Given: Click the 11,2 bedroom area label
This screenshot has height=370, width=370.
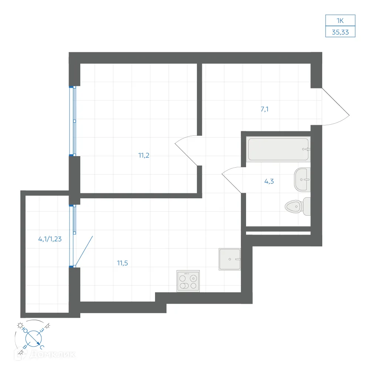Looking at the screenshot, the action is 144,155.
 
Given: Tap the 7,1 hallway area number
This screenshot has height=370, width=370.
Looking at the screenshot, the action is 265,109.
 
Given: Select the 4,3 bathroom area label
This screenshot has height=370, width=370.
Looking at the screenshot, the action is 269,181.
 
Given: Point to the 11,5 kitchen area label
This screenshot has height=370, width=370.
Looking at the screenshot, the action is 122,263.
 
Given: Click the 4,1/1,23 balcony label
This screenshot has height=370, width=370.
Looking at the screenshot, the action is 50,239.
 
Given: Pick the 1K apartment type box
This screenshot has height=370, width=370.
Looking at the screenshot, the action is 340,20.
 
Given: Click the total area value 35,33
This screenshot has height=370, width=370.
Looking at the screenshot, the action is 340,32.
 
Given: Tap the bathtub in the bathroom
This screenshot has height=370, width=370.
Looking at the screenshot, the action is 279,149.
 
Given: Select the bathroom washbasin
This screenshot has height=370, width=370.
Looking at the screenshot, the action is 302,180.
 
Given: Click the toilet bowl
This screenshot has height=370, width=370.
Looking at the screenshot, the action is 298,206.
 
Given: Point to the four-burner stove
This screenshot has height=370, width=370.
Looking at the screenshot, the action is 188,281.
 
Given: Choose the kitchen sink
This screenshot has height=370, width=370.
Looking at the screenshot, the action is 230,259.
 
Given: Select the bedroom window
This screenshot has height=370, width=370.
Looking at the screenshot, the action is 73,121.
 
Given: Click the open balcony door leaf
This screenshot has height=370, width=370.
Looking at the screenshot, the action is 84,251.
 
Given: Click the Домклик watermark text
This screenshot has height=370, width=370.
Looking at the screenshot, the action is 53,354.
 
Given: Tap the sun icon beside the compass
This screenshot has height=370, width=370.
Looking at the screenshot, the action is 20,326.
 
